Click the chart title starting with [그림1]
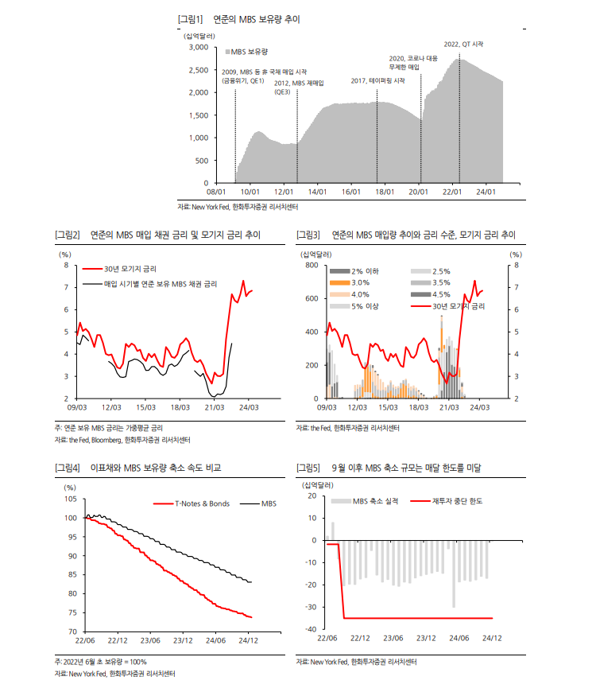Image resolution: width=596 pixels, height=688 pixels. pos(239,18)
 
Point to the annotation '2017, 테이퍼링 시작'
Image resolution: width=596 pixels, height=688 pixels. pos(378,81)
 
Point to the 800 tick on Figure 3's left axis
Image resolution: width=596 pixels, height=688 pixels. pos(311,265)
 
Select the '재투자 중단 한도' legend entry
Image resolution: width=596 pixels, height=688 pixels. pos(457,501)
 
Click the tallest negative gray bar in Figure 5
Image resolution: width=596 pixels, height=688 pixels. pos(454,573)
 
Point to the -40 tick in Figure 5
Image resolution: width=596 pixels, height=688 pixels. pos(309,629)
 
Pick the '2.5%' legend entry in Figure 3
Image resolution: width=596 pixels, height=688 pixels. pos(442,271)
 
